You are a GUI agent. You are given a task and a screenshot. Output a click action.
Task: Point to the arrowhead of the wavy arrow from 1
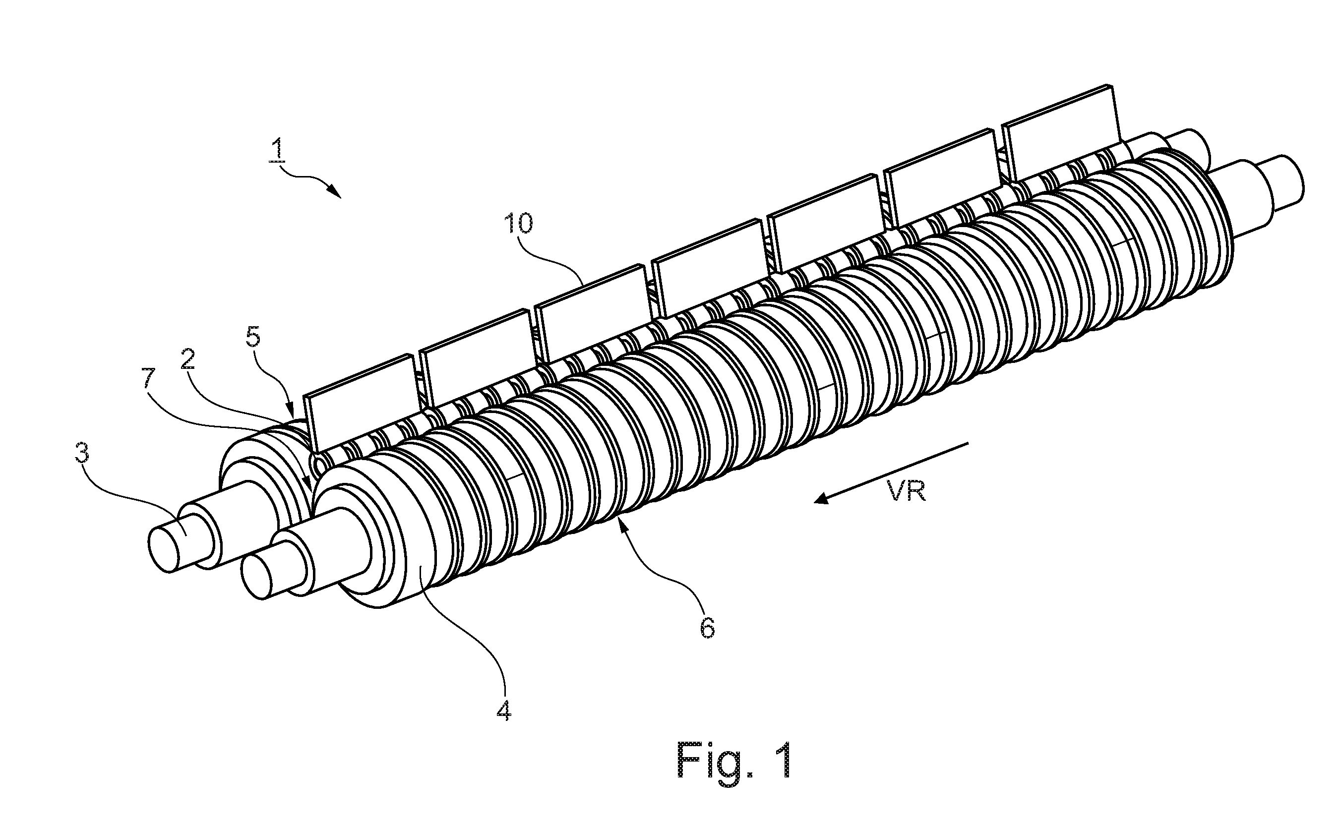click(x=334, y=192)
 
